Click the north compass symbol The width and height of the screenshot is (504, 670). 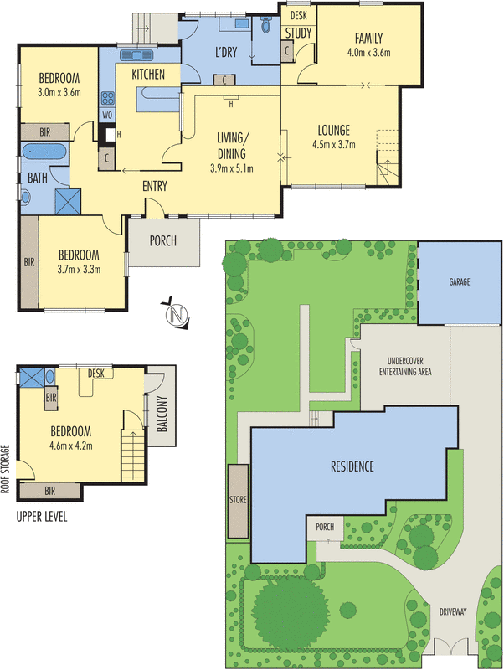click(x=175, y=314)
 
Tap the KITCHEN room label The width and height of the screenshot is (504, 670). click(x=147, y=75)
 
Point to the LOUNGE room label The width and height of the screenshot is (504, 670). click(x=332, y=130)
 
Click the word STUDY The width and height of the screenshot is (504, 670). click(x=298, y=33)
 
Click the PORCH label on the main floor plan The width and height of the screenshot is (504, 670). click(x=162, y=241)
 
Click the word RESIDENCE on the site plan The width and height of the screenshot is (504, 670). click(x=351, y=466)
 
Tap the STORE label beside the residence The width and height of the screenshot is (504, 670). click(x=235, y=501)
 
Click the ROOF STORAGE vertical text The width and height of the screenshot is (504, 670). click(x=7, y=470)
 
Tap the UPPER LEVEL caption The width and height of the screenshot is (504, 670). click(x=41, y=517)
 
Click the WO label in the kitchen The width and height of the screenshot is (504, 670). click(x=107, y=115)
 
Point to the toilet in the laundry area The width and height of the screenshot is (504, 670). click(x=267, y=26)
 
